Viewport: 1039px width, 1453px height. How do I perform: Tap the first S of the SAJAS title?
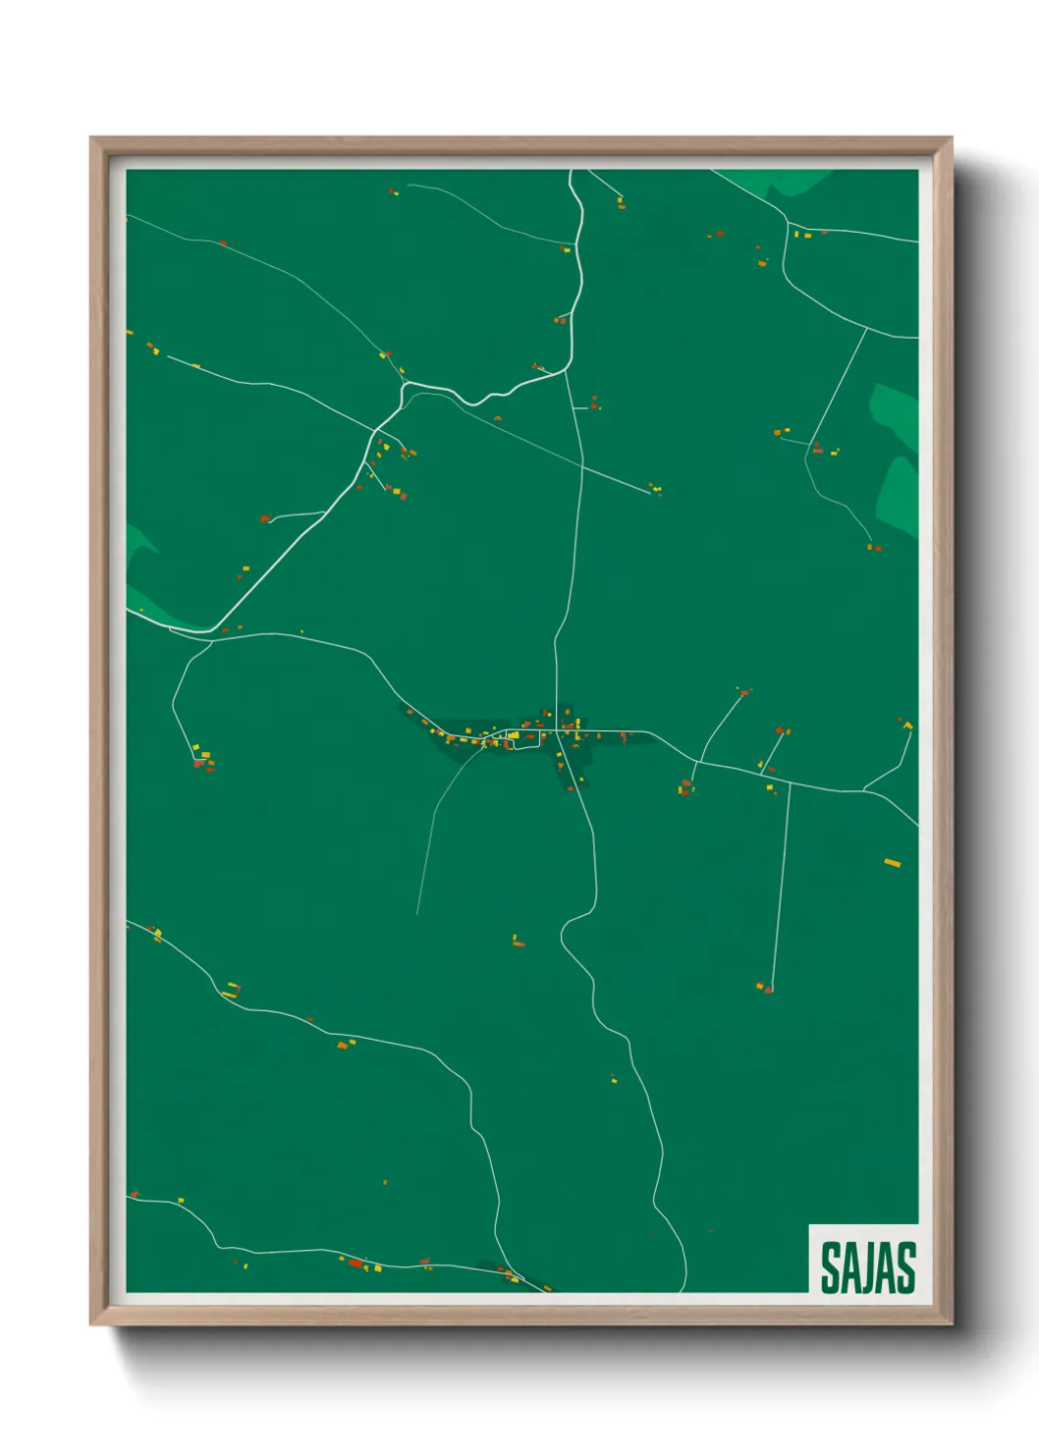(x=830, y=1267)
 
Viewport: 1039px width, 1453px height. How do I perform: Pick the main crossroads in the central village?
(x=557, y=730)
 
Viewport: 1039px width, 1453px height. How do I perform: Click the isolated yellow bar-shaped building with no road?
(x=892, y=863)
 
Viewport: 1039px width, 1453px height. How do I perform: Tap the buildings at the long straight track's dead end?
(x=765, y=987)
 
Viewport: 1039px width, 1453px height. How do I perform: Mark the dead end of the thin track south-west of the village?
(x=417, y=914)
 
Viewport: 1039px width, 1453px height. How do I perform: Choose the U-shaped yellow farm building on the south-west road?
(x=230, y=991)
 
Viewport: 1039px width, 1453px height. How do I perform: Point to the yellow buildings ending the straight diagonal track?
(x=655, y=488)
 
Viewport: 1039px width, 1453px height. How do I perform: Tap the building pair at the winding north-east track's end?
(x=874, y=547)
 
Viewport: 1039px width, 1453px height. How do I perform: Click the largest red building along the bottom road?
(x=355, y=1263)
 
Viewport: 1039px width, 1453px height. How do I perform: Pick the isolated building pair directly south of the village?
(x=518, y=942)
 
